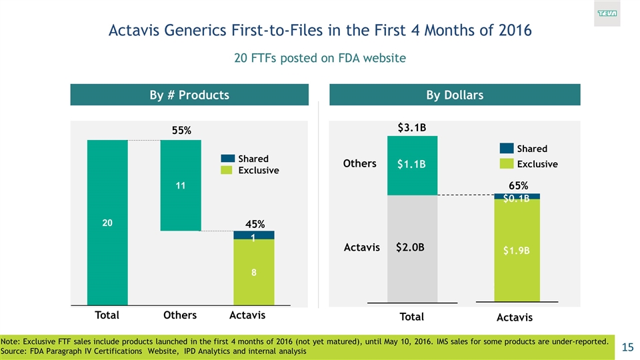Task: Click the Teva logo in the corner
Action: click(607, 14)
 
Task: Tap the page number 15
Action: click(627, 346)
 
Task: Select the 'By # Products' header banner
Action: click(189, 95)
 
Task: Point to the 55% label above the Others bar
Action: click(181, 131)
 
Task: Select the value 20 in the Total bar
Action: click(107, 224)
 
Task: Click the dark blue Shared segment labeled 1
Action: click(253, 235)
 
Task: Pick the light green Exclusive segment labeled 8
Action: click(253, 272)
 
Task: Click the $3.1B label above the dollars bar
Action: click(412, 127)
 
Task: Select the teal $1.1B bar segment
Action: click(412, 165)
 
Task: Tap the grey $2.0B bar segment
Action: click(412, 248)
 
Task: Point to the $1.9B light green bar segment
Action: click(517, 251)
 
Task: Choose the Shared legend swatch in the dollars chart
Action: click(507, 149)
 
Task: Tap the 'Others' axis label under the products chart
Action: click(180, 315)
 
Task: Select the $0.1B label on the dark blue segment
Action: click(517, 198)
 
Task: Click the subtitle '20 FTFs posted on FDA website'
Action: click(320, 59)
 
